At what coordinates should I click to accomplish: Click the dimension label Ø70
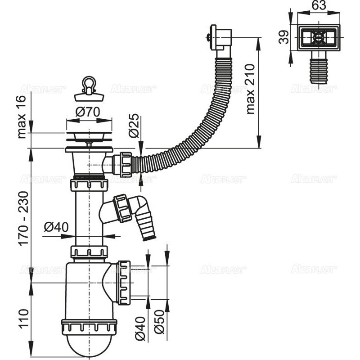pos(88,113)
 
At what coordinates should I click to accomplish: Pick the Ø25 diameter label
pos(132,127)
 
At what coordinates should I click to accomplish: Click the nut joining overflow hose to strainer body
pos(126,164)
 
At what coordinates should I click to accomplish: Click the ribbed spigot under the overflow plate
pos(319,68)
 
